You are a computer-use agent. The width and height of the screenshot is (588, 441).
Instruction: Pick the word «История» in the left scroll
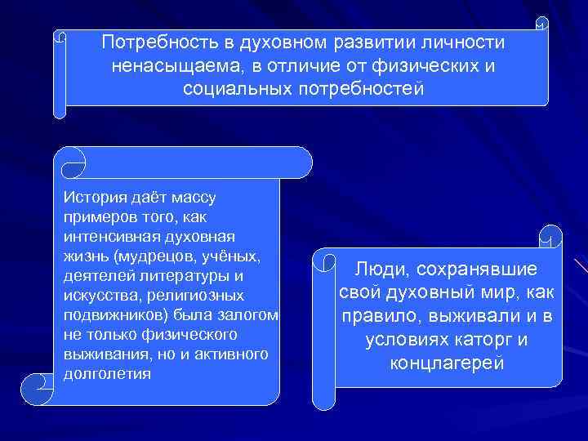pyautogui.click(x=92, y=198)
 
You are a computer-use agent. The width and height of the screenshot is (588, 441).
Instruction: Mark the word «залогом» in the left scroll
pyautogui.click(x=247, y=316)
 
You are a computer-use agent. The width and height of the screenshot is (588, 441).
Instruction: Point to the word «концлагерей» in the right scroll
pyautogui.click(x=447, y=363)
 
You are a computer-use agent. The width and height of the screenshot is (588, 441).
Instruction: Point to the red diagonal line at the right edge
pyautogui.click(x=581, y=267)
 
